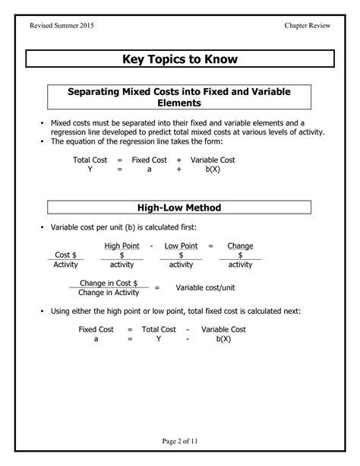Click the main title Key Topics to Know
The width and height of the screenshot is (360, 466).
click(179, 59)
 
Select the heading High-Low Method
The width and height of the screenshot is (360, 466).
click(179, 207)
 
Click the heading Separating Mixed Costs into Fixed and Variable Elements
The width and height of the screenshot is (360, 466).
click(179, 97)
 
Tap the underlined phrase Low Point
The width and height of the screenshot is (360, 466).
click(181, 246)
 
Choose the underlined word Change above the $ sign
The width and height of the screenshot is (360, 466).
click(240, 246)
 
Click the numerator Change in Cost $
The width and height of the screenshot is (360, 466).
click(109, 283)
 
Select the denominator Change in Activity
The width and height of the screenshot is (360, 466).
click(109, 293)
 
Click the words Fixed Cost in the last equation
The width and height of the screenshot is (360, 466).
click(96, 329)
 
